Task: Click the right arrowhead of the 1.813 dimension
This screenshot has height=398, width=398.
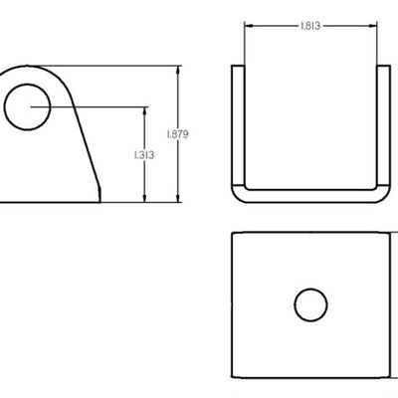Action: coord(374,27)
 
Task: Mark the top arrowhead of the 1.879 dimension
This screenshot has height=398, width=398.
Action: coord(178,71)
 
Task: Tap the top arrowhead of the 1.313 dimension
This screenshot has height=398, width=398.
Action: coord(146,108)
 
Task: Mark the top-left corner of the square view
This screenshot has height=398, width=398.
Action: coord(232,233)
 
